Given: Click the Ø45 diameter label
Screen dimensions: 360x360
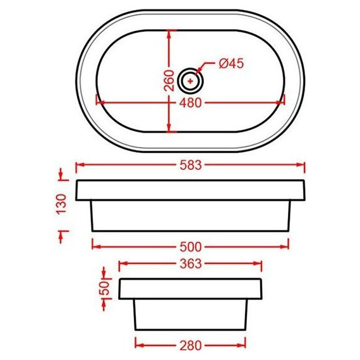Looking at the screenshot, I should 231,64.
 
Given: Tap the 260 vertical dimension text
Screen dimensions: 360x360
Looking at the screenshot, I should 169,81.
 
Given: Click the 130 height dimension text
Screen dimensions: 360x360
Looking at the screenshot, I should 61,204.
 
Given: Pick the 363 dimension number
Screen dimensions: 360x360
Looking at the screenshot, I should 189,263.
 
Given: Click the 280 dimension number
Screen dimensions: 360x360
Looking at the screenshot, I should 189,345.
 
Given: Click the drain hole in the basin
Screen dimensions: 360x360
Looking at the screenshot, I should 190,80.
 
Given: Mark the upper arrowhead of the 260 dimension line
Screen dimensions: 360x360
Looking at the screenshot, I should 169,32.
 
